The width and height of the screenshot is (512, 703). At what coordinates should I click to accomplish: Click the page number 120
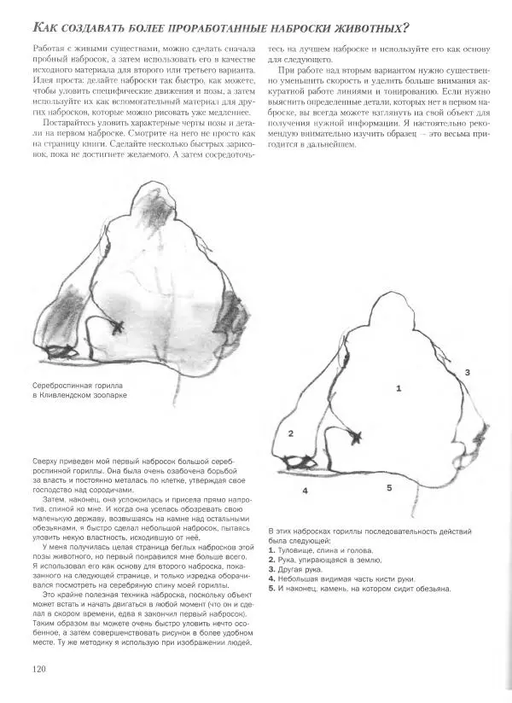tap(38, 668)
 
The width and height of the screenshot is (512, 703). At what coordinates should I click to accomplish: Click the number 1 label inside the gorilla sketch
tap(398, 387)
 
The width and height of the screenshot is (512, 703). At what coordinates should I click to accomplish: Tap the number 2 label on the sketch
tap(290, 433)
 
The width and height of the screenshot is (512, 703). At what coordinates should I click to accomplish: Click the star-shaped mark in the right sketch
tap(356, 438)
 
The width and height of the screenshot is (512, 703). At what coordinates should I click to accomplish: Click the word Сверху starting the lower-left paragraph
tap(46, 462)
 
